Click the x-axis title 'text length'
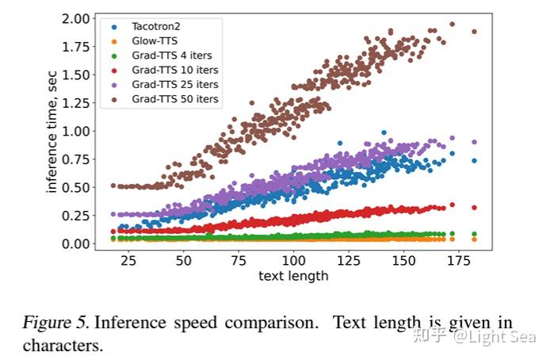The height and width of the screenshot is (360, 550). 293,276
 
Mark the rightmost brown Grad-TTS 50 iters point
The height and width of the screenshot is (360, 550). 475,32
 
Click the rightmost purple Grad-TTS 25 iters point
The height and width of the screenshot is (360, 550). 475,143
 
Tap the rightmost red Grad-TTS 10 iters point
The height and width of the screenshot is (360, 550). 475,208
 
